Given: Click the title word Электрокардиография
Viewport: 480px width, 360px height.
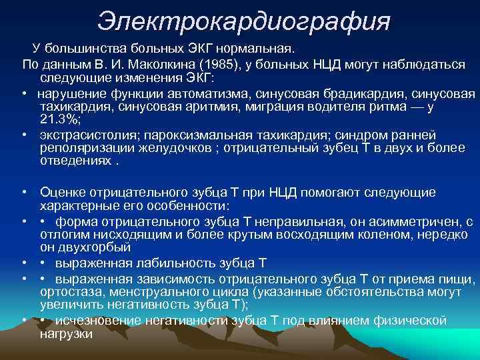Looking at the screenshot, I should (243, 21).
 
